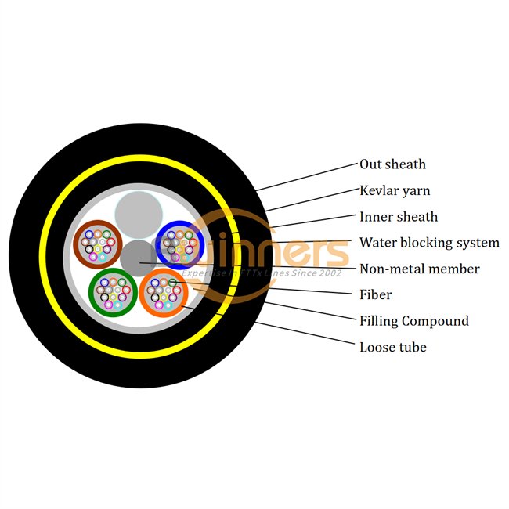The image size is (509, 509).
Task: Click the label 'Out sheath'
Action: pos(392,164)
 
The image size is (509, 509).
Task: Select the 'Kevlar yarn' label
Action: pos(395,190)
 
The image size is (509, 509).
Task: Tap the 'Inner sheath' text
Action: pos(399,217)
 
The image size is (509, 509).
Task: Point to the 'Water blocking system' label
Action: pos(429,243)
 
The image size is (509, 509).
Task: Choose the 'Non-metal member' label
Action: pos(419,269)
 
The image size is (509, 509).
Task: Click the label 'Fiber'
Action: pos(376,295)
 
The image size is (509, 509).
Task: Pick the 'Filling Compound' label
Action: pos(414,321)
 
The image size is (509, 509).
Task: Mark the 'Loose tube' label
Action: pos(393,347)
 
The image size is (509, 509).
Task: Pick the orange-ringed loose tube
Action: pos(164,292)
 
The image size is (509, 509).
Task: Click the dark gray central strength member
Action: pos(139,258)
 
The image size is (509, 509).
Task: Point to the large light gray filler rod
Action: pos(139,214)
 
